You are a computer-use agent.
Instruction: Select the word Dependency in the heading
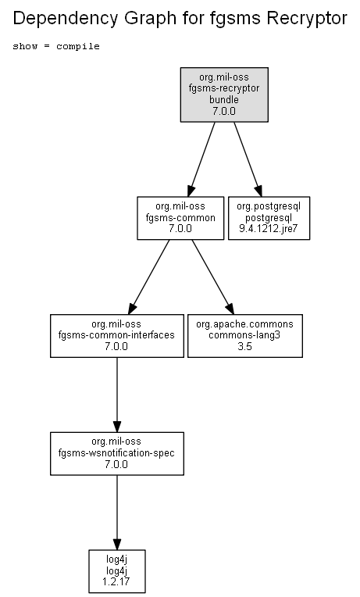65,19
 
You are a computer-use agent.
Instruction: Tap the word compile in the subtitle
78,46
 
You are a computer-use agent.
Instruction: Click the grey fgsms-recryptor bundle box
224,95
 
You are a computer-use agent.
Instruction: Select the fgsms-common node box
180,218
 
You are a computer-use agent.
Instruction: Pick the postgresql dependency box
269,218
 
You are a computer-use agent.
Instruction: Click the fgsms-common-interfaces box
117,336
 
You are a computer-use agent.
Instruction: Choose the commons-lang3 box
245,336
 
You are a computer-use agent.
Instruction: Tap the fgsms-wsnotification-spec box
117,453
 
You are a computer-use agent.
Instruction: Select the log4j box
117,571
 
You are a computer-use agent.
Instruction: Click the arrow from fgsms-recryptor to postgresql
248,159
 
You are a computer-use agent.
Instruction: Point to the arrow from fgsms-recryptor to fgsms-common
201,159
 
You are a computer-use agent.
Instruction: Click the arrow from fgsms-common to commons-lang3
212,277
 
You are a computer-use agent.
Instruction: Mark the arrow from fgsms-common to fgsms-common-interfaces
149,277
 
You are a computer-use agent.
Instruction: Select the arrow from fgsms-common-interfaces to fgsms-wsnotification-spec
117,395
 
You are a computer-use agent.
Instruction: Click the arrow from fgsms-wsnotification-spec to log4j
117,512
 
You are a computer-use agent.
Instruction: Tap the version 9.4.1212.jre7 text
269,229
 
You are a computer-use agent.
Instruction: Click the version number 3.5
244,346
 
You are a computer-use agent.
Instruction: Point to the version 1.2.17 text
116,582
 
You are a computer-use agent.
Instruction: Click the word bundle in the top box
224,100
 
